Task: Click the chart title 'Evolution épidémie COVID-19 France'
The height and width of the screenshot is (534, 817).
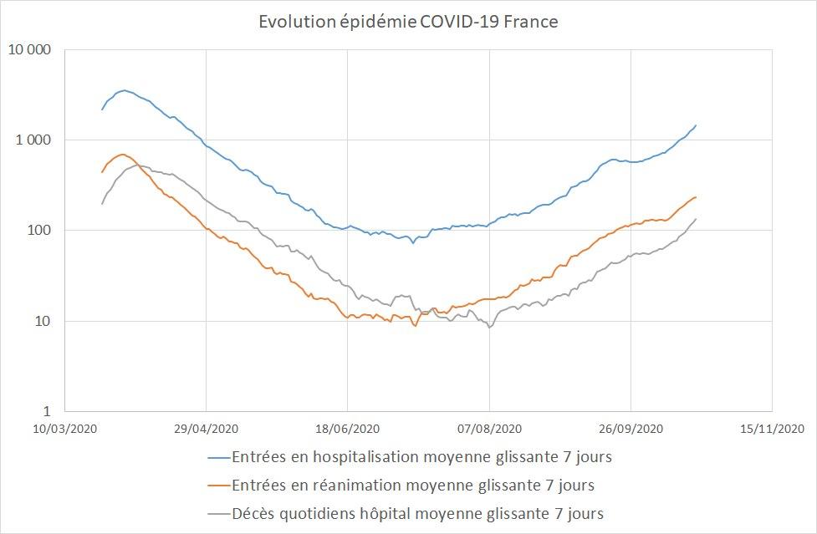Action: pyautogui.click(x=408, y=23)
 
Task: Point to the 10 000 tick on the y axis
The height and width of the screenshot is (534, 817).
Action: pyautogui.click(x=29, y=49)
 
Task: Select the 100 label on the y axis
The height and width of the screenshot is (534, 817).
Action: pyautogui.click(x=40, y=231)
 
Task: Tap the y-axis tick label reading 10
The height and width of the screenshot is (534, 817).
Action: pyautogui.click(x=43, y=321)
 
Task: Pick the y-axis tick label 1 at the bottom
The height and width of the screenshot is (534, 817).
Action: pyautogui.click(x=47, y=411)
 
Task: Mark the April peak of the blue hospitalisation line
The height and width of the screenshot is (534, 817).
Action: pyautogui.click(x=124, y=90)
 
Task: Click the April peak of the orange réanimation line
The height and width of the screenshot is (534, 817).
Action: pyautogui.click(x=123, y=154)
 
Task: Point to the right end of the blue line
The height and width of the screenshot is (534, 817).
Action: pyautogui.click(x=696, y=125)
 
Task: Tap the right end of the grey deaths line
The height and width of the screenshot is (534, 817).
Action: pyautogui.click(x=696, y=219)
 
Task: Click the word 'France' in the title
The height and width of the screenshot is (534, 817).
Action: pyautogui.click(x=530, y=23)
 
